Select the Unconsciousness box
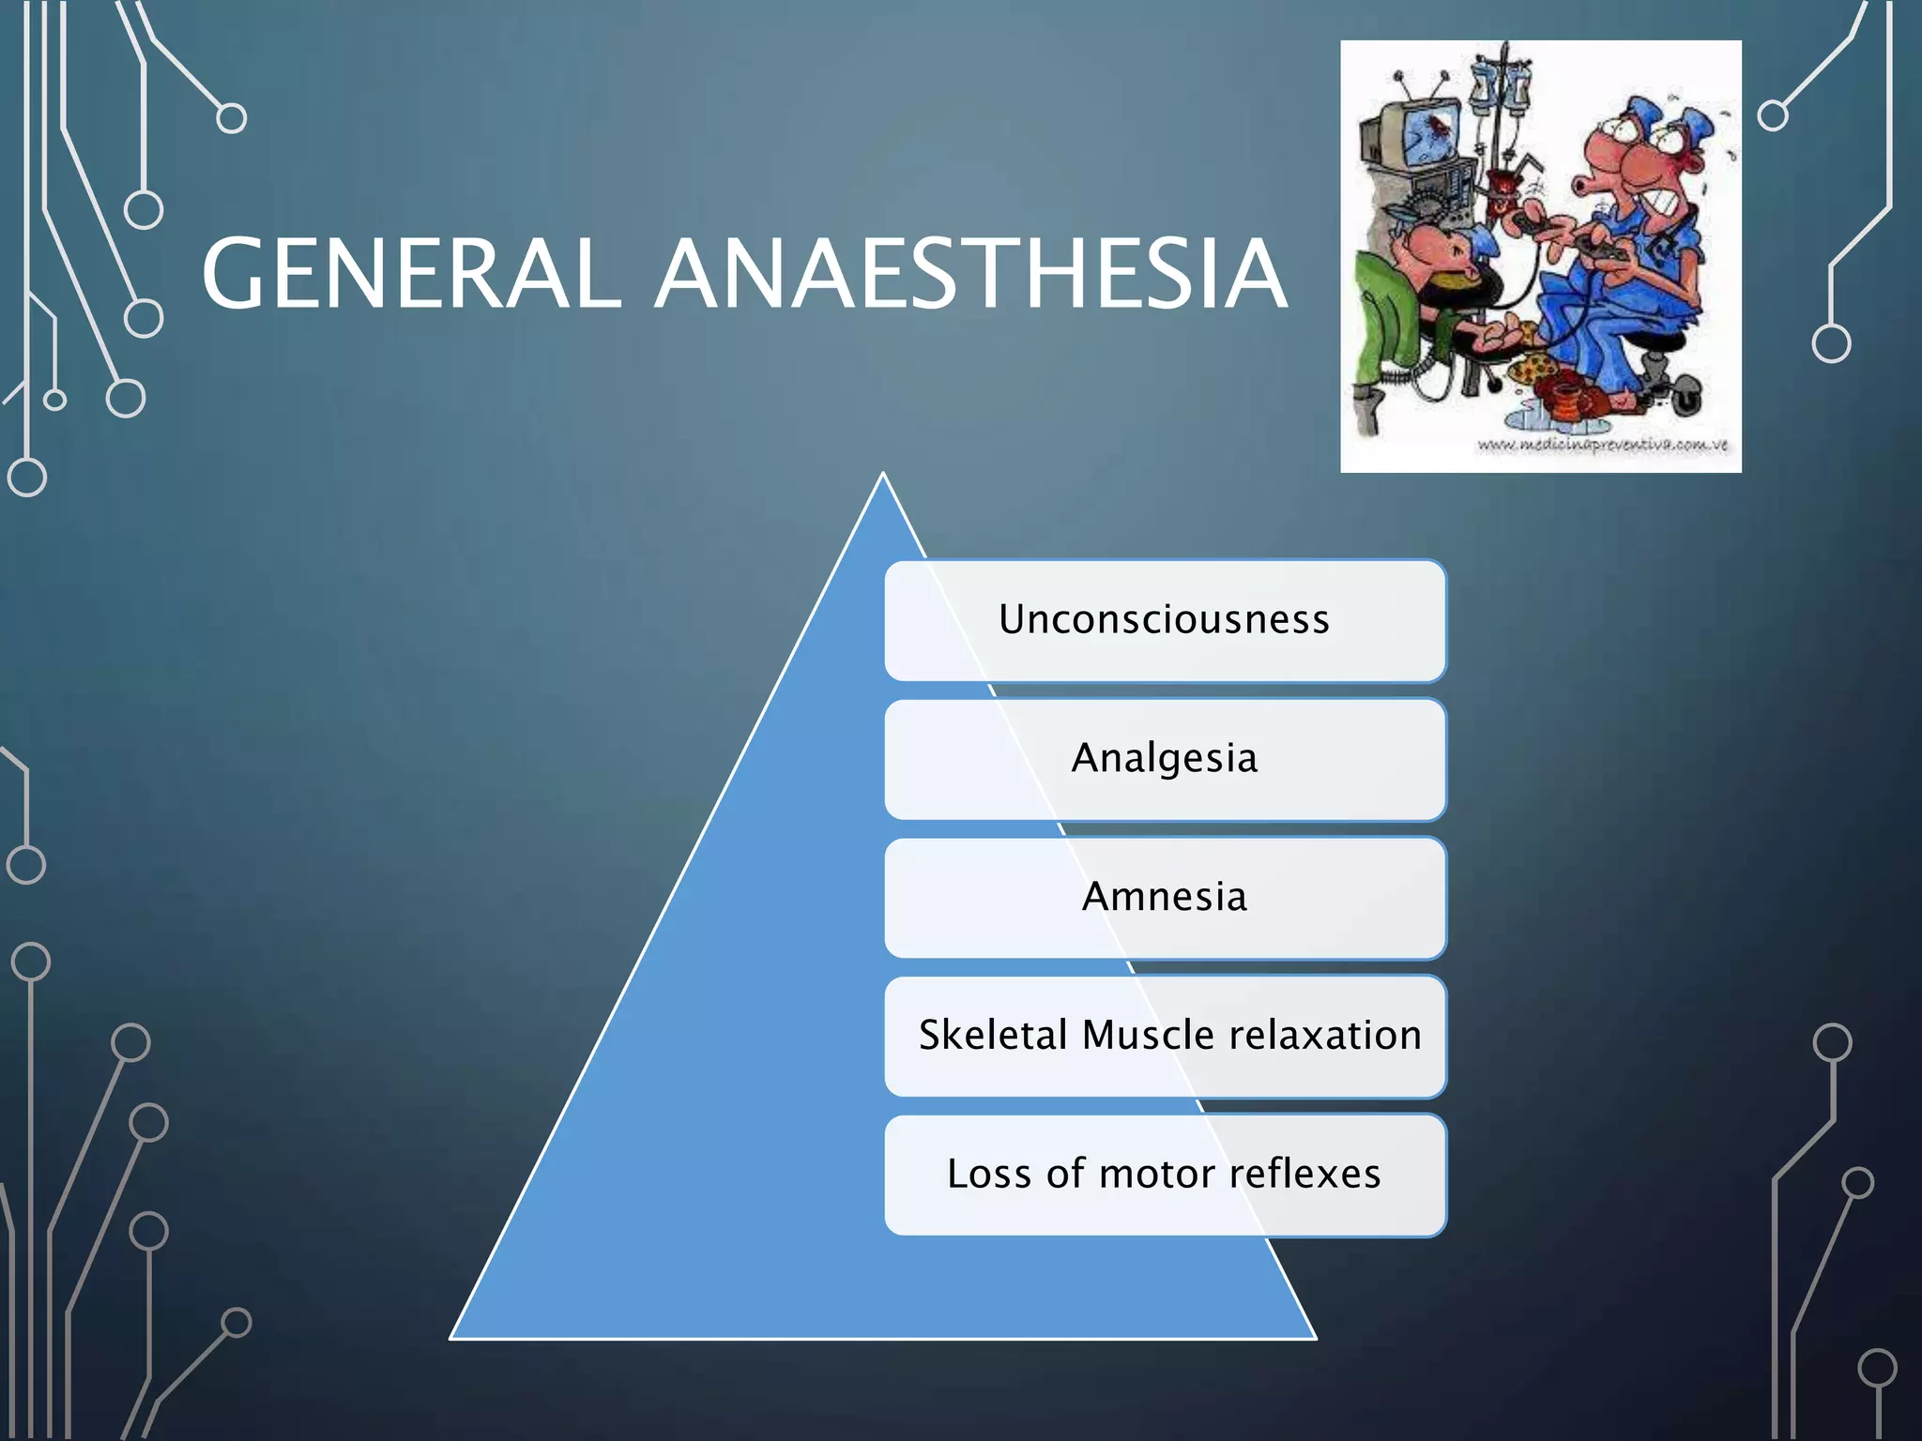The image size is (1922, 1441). (1165, 620)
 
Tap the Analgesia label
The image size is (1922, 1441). (1165, 758)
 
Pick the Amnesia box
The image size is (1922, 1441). (1165, 897)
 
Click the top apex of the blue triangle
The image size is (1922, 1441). (883, 477)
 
